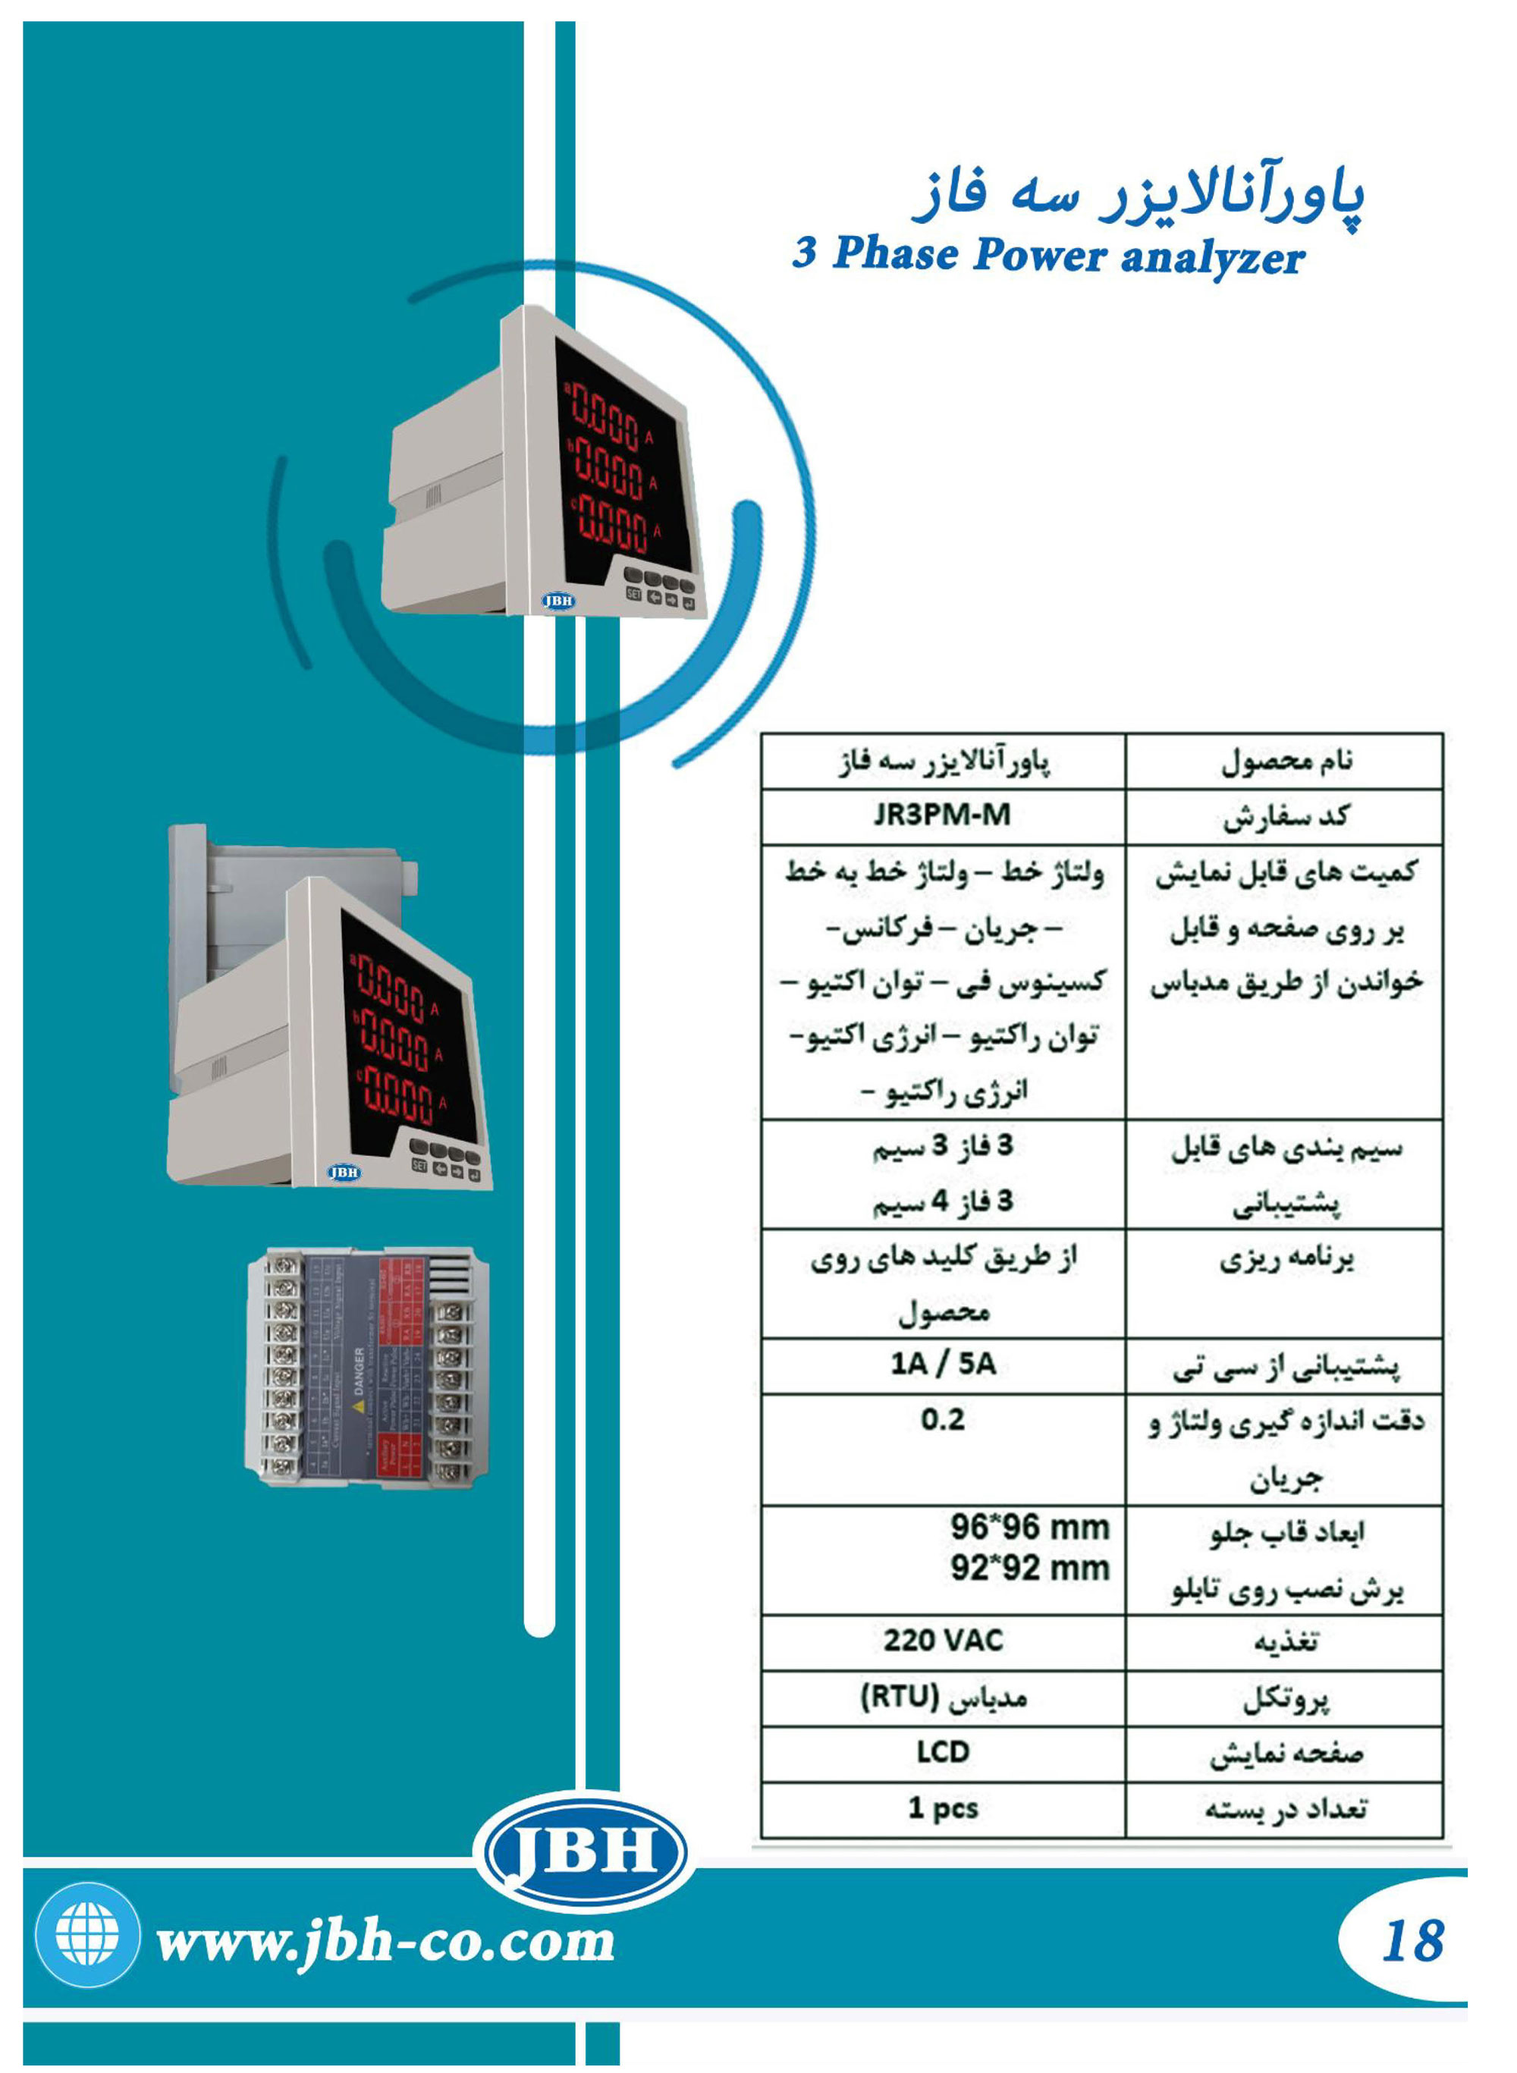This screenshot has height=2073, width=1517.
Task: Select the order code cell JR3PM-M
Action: [942, 815]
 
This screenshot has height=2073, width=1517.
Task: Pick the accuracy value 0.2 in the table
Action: [943, 1419]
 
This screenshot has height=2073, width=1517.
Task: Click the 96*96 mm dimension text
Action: [1029, 1528]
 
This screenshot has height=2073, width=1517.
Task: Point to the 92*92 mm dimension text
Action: [1029, 1568]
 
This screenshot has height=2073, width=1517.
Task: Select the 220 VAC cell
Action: [943, 1640]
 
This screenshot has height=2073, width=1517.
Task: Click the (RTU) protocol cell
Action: [943, 1697]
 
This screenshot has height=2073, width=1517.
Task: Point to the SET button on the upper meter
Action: [633, 593]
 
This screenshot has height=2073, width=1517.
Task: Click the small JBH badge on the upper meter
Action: [558, 601]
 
